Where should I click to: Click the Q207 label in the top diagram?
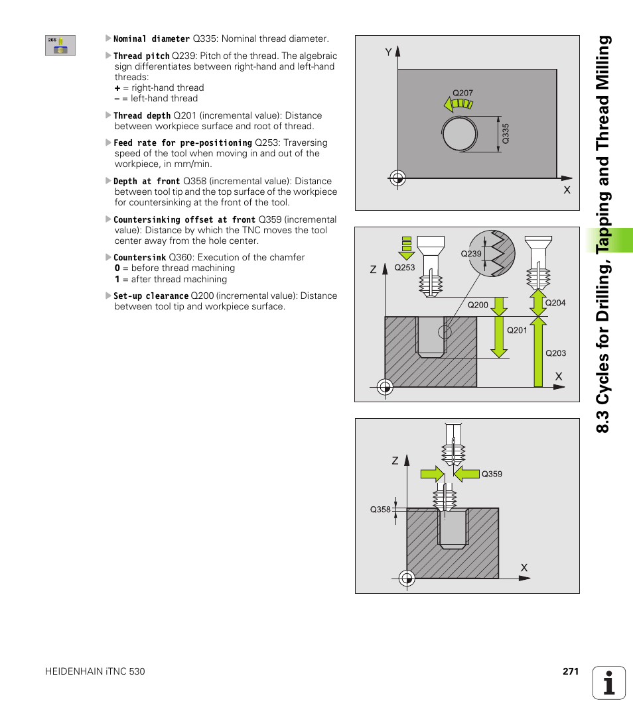coord(462,93)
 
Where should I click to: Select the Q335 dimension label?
coord(506,135)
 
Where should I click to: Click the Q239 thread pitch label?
coord(470,254)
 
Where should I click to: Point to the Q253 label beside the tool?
coord(404,268)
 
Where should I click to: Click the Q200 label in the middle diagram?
coord(478,305)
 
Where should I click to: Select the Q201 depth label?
coord(517,330)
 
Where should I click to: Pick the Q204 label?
coord(555,302)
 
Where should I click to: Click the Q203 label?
coord(555,353)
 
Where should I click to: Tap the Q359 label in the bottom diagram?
coord(492,474)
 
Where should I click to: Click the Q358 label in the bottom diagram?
coord(380,510)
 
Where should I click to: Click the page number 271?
coord(571,671)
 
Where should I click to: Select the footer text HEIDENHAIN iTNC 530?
coord(95,671)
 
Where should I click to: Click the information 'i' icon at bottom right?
coord(609,683)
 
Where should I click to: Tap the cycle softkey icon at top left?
coord(60,45)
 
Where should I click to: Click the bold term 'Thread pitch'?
coord(141,56)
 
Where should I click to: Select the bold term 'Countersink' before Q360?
coord(139,258)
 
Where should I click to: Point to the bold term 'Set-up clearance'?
coord(151,296)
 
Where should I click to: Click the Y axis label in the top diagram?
coord(389,52)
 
